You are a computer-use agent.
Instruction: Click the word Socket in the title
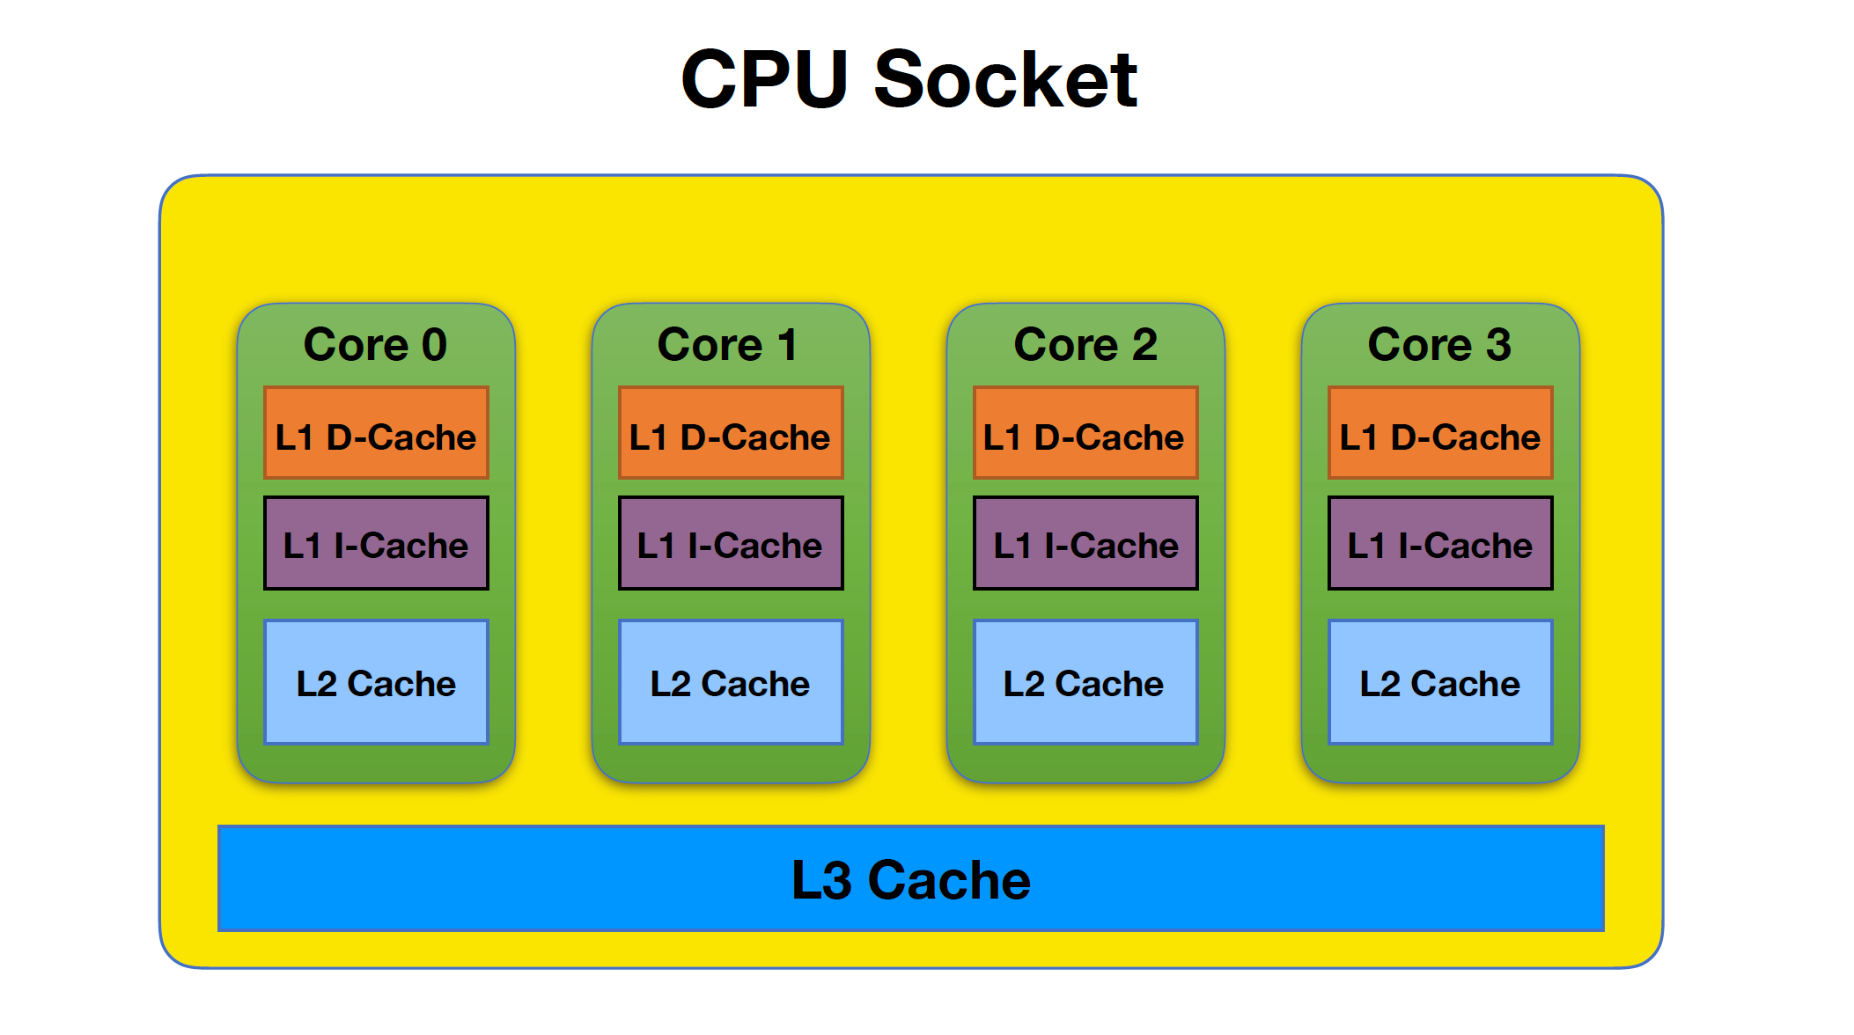click(x=1005, y=80)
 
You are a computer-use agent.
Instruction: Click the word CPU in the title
click(x=764, y=80)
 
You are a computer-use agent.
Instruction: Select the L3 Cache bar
click(x=910, y=878)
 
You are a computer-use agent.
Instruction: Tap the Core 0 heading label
click(x=375, y=344)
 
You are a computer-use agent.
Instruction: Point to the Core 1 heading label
click(x=728, y=344)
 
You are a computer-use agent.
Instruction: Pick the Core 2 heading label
click(x=1085, y=344)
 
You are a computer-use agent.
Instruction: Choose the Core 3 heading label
click(x=1439, y=344)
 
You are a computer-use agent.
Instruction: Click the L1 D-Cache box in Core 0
click(x=376, y=433)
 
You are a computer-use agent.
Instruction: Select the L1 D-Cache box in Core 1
click(x=731, y=433)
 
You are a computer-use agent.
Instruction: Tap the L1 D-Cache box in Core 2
click(x=1085, y=433)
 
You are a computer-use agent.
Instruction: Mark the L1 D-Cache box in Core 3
click(x=1440, y=433)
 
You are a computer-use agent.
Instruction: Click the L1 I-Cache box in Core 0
click(x=376, y=543)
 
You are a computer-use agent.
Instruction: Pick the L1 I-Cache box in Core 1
click(x=731, y=543)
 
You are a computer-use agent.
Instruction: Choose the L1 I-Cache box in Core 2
click(x=1085, y=543)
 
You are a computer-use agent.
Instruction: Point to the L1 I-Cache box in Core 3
click(x=1440, y=543)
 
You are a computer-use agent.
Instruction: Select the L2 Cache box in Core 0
click(x=376, y=682)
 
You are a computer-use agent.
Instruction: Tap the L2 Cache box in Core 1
click(x=731, y=682)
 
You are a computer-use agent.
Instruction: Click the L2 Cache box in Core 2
click(x=1085, y=682)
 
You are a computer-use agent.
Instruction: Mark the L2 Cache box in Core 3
click(x=1440, y=682)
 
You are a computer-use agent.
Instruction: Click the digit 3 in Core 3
click(x=1498, y=344)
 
